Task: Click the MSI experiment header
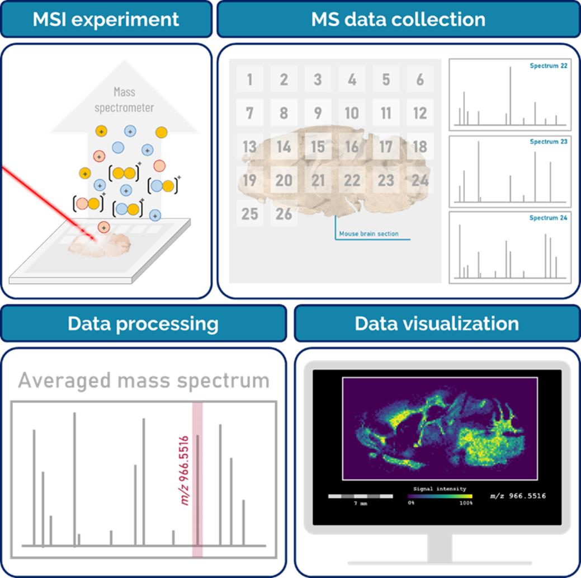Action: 106,19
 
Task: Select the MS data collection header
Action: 399,19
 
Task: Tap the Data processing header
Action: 143,323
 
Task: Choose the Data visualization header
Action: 437,323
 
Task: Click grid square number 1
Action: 250,79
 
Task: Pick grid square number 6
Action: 420,79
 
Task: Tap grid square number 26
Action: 284,214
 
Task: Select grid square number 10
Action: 352,112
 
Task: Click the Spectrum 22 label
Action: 549,65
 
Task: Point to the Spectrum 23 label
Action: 549,142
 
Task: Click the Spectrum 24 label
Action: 549,218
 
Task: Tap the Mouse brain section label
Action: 369,233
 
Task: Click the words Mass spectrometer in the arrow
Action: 124,100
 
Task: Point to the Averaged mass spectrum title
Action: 144,380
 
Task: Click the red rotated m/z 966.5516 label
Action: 184,471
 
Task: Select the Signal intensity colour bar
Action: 440,496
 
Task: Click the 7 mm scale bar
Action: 361,496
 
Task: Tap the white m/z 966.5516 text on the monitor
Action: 518,496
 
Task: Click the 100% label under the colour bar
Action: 466,503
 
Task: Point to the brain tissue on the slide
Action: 100,245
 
